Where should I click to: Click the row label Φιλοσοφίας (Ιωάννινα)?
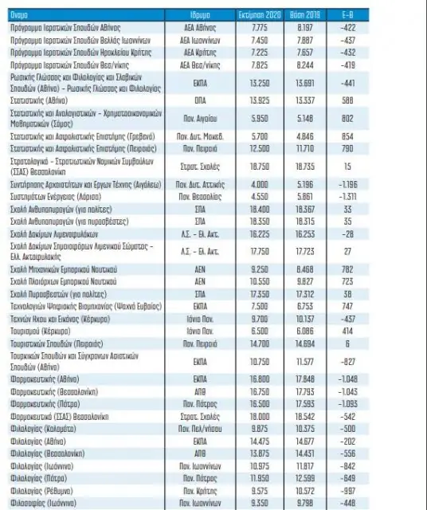pos(45,503)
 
